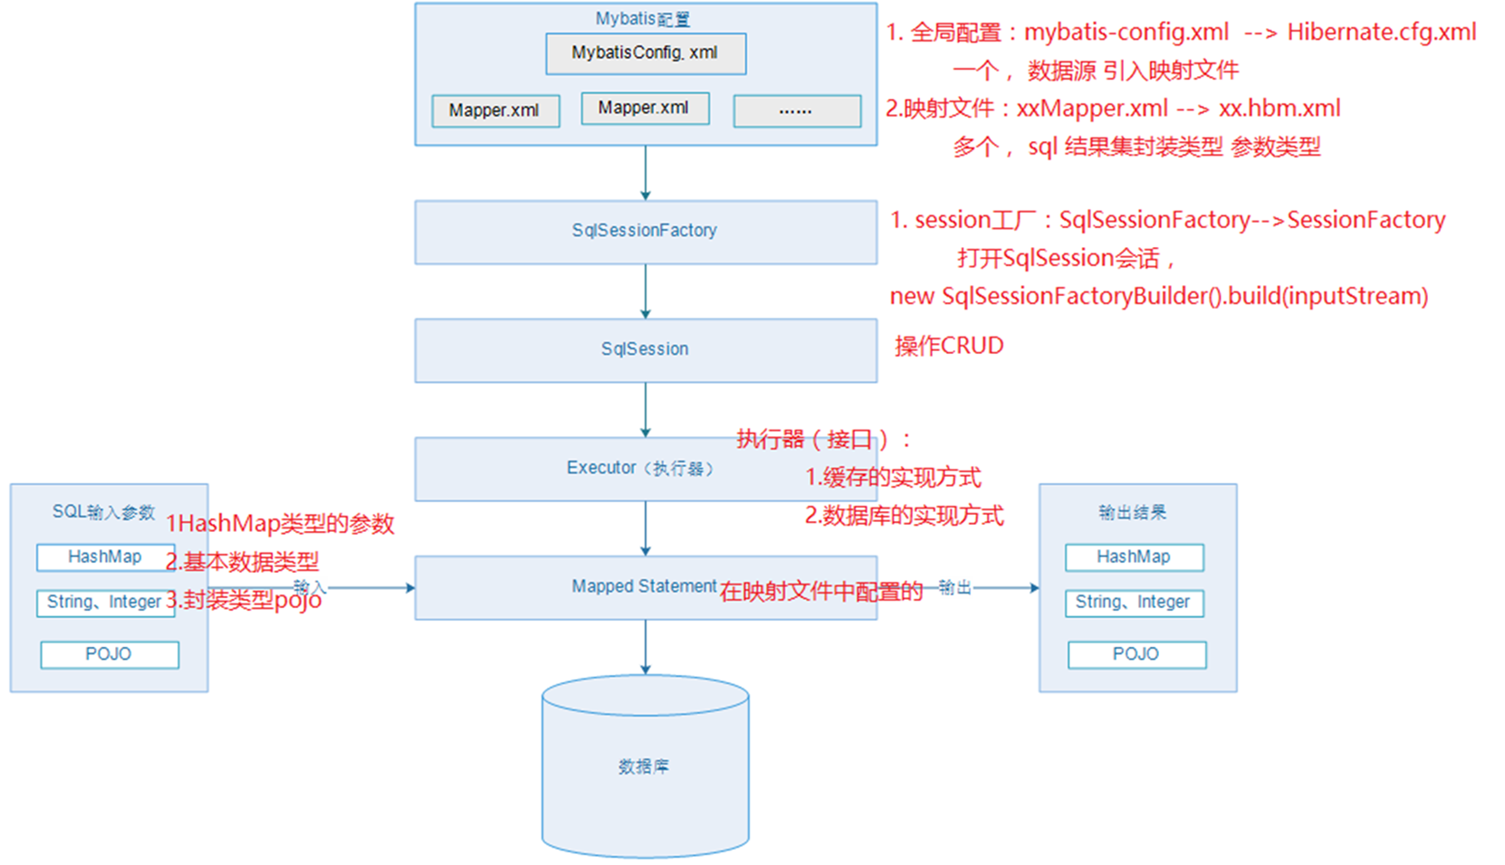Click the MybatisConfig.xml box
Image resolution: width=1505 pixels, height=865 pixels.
[646, 53]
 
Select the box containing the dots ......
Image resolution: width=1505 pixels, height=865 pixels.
[797, 110]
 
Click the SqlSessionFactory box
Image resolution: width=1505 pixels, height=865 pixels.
[646, 232]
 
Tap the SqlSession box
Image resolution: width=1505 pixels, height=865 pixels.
[646, 349]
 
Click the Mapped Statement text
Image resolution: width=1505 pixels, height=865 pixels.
[644, 586]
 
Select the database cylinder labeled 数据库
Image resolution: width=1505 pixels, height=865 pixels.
[645, 765]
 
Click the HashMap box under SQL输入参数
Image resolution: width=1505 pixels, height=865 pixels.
[105, 557]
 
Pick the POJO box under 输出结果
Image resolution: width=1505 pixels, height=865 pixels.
[1136, 654]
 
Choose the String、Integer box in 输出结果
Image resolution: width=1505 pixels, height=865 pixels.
[1134, 603]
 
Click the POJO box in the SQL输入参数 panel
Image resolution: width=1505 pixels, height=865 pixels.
[110, 654]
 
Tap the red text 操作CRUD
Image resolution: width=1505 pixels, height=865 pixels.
[949, 346]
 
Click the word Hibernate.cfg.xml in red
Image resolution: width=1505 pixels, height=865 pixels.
[1381, 33]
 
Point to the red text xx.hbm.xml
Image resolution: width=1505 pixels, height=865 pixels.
[1279, 109]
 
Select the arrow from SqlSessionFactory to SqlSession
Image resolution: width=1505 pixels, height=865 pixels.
[646, 291]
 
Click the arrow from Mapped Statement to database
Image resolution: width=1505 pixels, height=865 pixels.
[646, 647]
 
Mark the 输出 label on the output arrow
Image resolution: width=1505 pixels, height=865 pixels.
[954, 588]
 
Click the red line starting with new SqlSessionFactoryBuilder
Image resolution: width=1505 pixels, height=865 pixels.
[1158, 297]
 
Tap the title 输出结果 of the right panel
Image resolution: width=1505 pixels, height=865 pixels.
[1133, 513]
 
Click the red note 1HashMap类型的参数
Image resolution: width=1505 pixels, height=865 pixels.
[281, 524]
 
